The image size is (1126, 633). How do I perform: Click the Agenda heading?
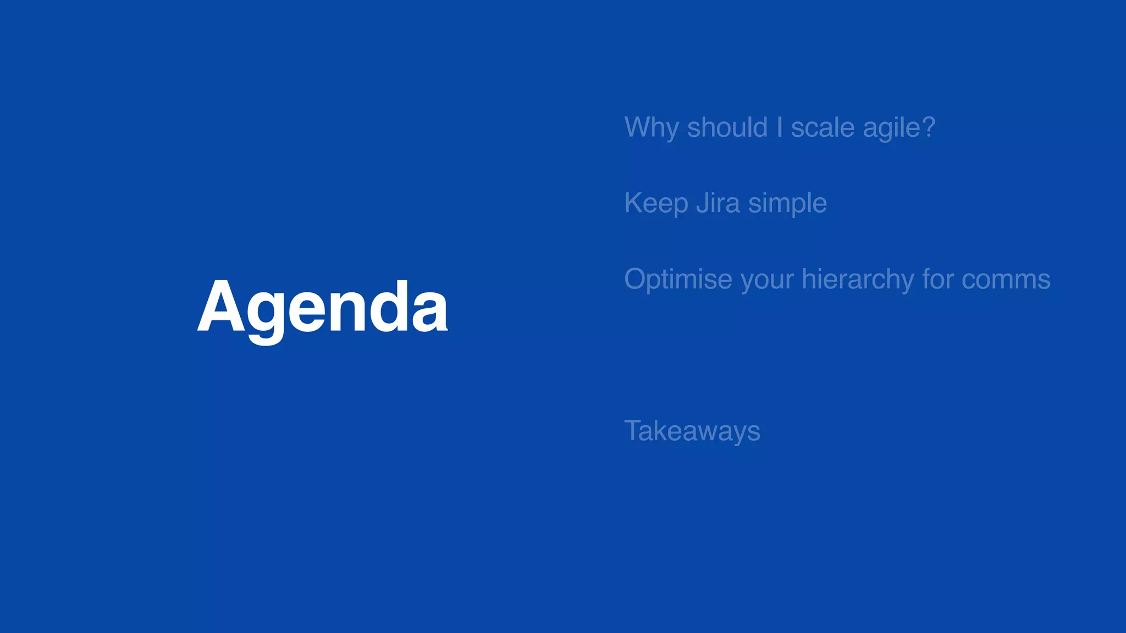[323, 308]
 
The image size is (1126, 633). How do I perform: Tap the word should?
[727, 127]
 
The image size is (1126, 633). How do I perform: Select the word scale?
[823, 128]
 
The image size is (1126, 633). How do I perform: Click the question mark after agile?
[929, 127]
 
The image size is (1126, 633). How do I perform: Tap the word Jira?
[718, 203]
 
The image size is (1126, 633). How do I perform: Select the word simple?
[787, 204]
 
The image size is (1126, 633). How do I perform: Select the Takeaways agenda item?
[692, 431]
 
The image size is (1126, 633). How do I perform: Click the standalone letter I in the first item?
[780, 127]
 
